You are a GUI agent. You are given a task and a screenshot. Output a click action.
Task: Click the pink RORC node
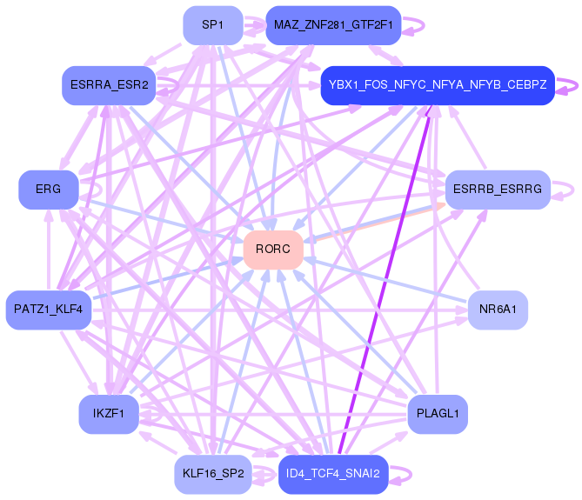[273, 250]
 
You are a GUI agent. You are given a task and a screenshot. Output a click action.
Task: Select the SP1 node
[212, 25]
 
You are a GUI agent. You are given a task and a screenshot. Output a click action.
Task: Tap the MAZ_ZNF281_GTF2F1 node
[333, 25]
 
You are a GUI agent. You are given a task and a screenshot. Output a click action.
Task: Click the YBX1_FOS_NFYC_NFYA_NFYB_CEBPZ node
[438, 85]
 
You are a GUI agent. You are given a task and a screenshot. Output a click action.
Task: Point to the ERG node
[49, 190]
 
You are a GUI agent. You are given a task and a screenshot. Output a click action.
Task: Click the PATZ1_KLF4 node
[49, 310]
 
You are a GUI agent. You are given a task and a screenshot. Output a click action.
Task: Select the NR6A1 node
[498, 310]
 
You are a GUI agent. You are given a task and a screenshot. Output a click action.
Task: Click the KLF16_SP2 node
[212, 474]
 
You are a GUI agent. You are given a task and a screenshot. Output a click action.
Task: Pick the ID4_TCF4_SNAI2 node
[333, 474]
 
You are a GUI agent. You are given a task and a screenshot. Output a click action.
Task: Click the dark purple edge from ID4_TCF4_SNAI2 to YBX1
[385, 278]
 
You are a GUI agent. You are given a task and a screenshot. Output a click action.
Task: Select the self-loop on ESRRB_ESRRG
[570, 190]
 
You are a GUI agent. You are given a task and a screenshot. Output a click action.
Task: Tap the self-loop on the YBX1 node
[575, 85]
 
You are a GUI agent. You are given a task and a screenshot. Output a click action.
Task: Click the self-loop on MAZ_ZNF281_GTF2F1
[422, 25]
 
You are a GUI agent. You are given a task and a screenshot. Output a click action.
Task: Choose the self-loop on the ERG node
[99, 190]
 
